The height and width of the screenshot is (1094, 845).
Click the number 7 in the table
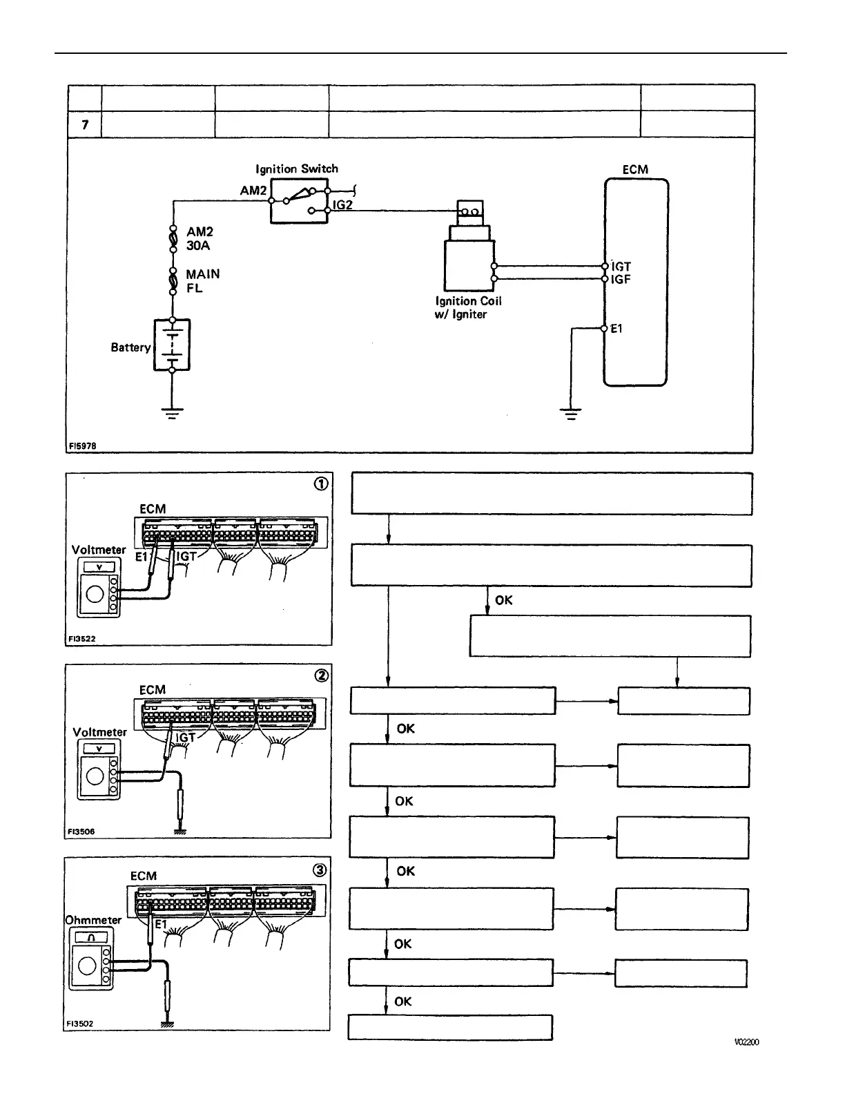coord(85,124)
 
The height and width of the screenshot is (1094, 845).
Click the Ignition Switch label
coord(297,169)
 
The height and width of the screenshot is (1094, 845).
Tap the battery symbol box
coord(172,345)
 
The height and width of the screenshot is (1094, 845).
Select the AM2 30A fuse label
coord(200,239)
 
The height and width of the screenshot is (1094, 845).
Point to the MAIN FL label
coord(202,280)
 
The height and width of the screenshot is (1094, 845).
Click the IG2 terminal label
coord(343,205)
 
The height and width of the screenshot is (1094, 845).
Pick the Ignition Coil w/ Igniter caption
coord(468,307)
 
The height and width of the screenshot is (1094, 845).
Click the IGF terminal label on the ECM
coord(621,280)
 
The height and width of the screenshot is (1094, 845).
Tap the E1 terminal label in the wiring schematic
coord(616,329)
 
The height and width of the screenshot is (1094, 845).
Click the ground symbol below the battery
coord(172,414)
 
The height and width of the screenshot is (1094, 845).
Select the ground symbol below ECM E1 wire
coord(571,414)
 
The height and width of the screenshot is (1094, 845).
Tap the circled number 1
coord(321,484)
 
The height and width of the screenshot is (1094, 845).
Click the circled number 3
coord(320,870)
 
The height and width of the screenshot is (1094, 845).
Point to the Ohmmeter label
coord(93,920)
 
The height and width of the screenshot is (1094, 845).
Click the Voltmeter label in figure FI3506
coord(100,732)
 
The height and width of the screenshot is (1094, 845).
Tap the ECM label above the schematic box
coord(635,169)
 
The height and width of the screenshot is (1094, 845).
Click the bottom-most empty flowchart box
coord(450,1027)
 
